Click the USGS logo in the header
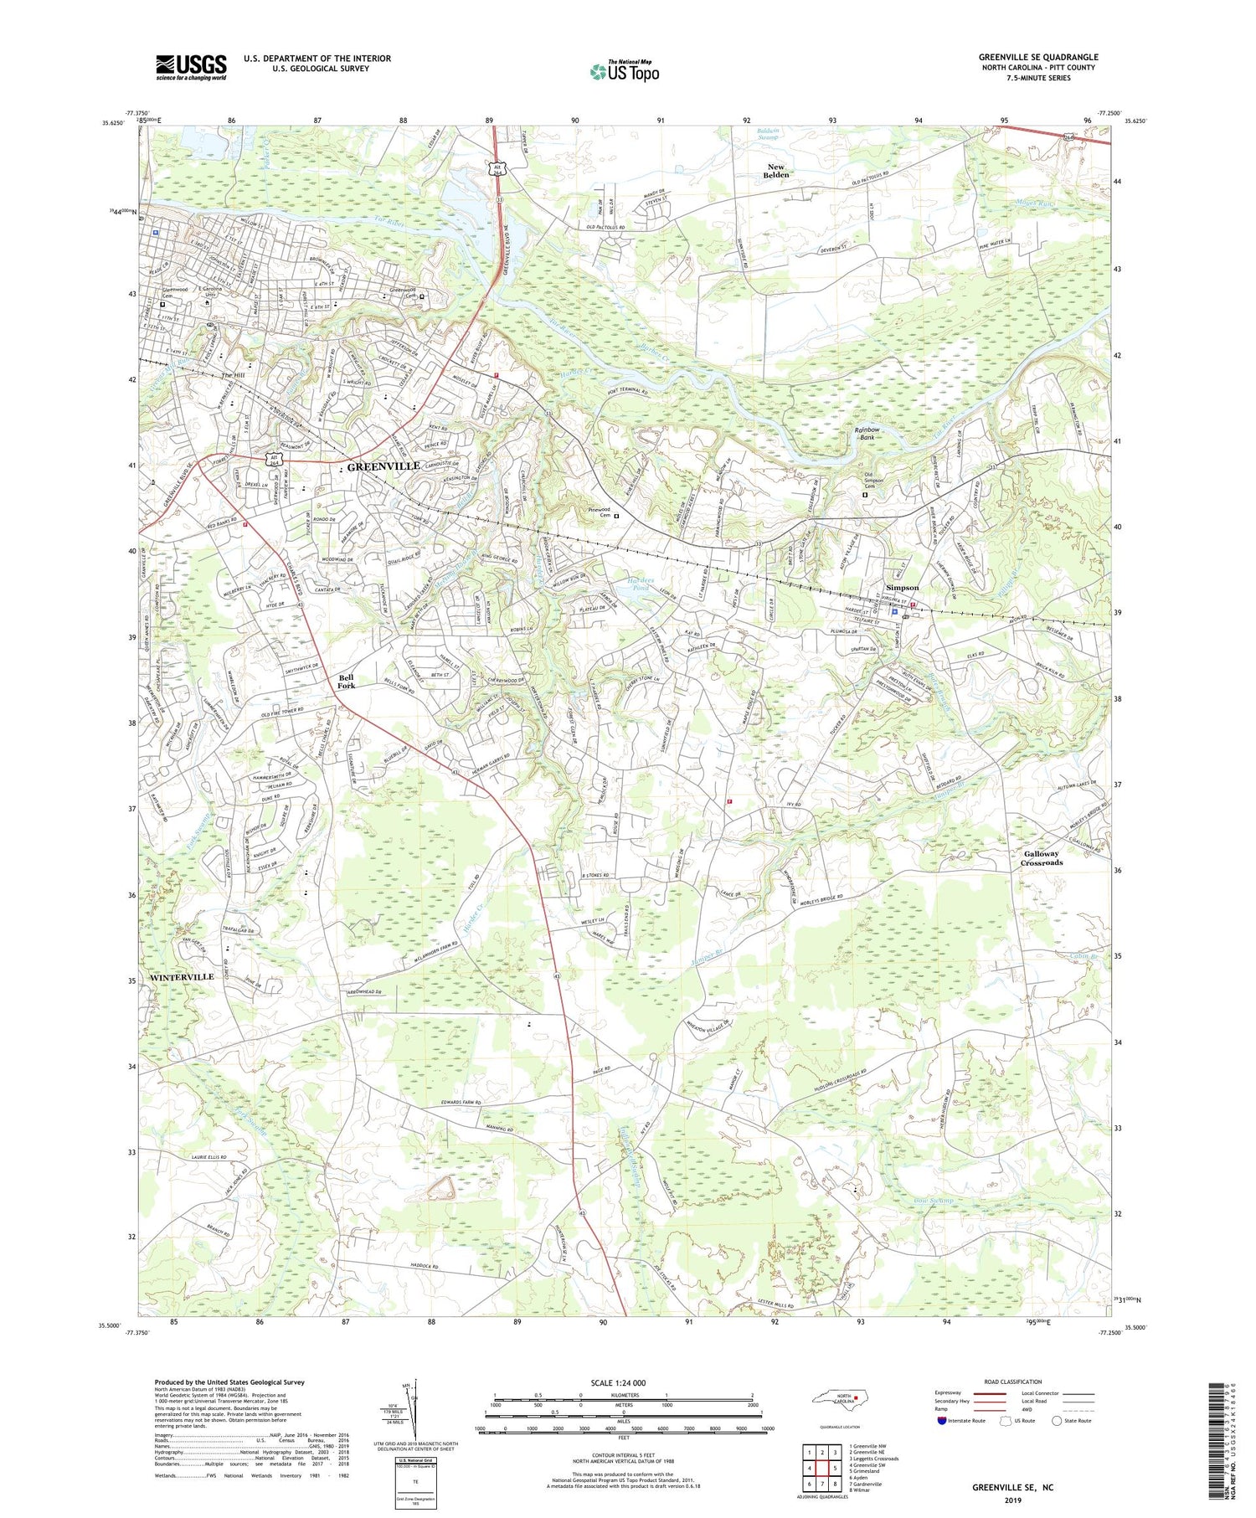tap(191, 67)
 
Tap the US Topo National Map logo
tap(624, 71)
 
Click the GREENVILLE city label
tap(383, 466)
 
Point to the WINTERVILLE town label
tap(182, 977)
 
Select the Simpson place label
tap(902, 588)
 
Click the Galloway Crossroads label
tap(1042, 858)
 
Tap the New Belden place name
tap(776, 171)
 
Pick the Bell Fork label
tap(346, 682)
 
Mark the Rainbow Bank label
tap(867, 433)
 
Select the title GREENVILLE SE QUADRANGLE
tap(1037, 57)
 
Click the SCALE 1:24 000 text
tap(624, 1382)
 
